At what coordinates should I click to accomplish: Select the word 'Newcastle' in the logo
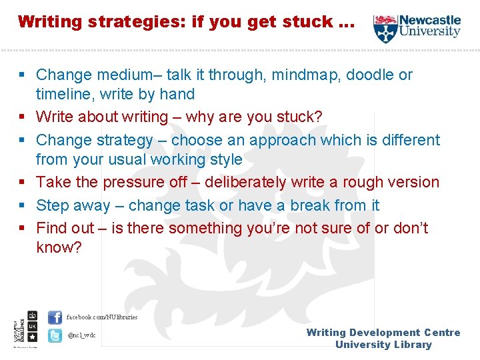[431, 20]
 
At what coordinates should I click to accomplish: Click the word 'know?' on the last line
[59, 248]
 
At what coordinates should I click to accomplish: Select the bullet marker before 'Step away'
[23, 205]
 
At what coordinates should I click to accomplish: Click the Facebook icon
[55, 317]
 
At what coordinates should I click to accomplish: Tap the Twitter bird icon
[55, 335]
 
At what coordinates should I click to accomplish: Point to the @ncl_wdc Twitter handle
[81, 335]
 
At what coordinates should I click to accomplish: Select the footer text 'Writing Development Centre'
[383, 333]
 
